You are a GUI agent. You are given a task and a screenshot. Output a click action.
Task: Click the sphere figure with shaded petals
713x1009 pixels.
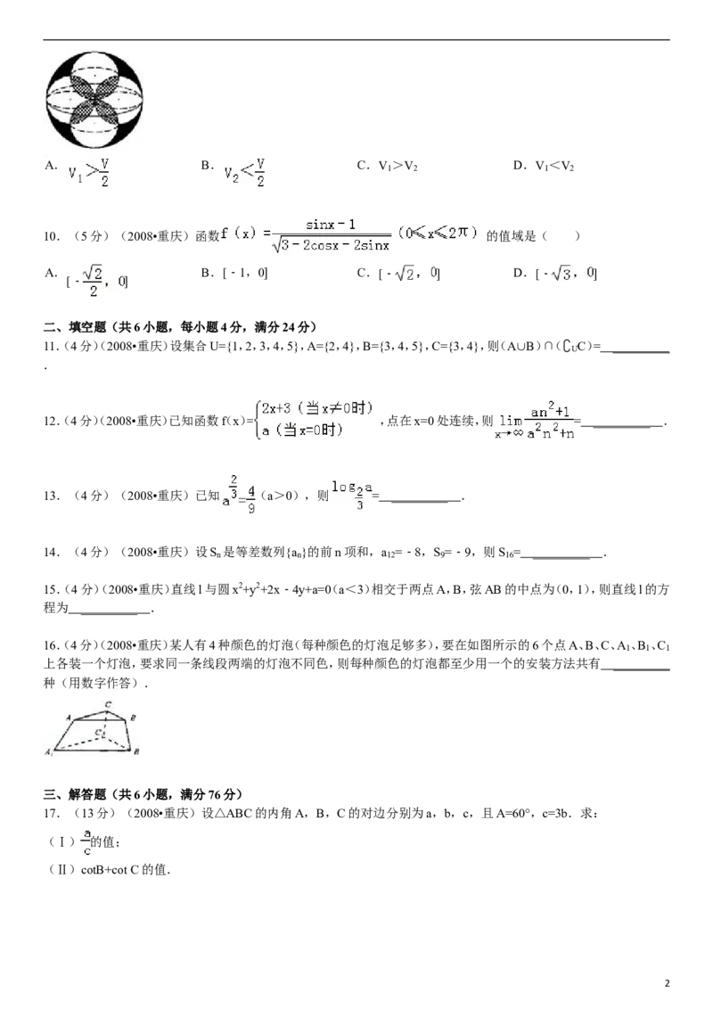[94, 100]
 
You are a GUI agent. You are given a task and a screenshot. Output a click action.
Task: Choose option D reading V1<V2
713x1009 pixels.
[544, 166]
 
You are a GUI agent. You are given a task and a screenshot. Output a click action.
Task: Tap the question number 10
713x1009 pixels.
[52, 236]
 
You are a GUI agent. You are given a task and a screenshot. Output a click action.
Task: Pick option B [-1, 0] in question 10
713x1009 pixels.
[234, 273]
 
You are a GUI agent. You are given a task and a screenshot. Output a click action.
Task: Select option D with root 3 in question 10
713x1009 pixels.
[555, 274]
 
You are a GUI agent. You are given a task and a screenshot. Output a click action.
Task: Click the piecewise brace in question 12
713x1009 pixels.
[258, 420]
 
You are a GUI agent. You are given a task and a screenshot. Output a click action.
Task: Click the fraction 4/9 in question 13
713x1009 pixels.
[251, 499]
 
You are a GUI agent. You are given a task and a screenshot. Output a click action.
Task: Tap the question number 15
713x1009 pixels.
[52, 589]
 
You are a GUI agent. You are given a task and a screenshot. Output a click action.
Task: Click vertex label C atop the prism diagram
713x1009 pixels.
[108, 705]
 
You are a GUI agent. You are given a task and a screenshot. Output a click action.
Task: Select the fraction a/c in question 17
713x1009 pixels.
[86, 841]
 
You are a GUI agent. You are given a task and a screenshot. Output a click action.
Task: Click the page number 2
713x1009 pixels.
[667, 982]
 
